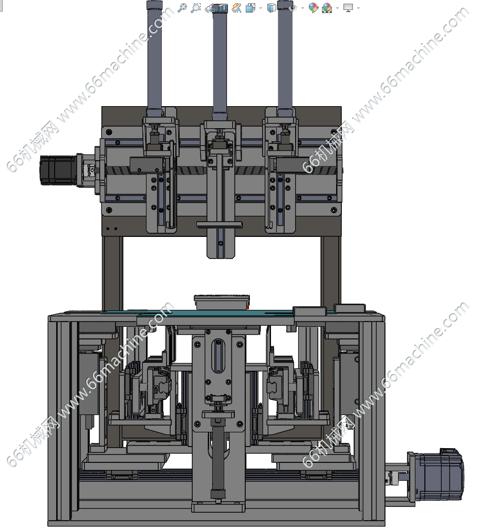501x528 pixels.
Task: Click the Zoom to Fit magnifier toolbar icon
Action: pos(182,7)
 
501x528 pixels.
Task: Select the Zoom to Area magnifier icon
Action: pos(195,7)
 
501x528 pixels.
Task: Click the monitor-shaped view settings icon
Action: pos(348,7)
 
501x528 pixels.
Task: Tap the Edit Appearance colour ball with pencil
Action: pos(313,7)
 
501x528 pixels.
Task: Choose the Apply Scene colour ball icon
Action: pos(327,7)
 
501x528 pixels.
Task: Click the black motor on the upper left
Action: pos(58,170)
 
